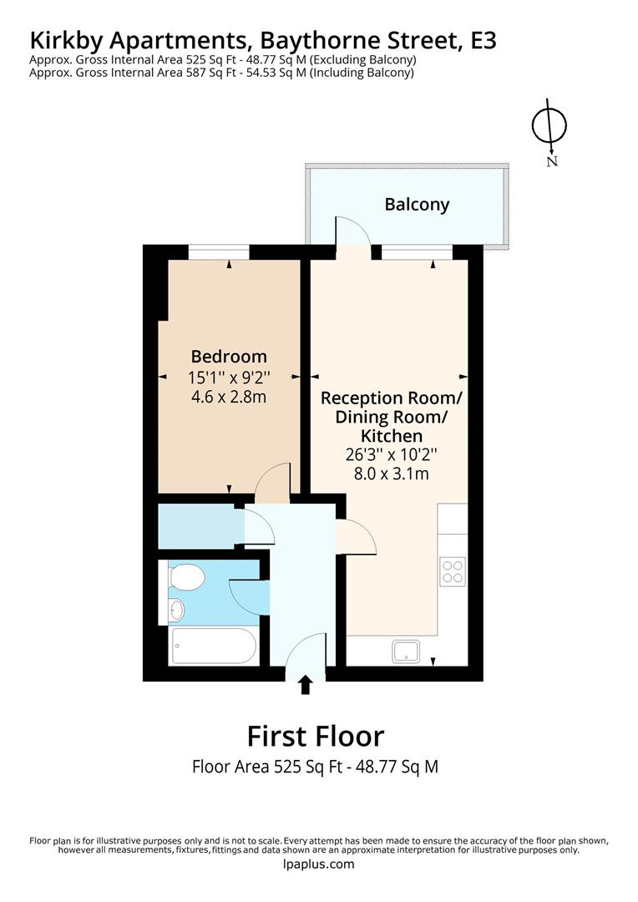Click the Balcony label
click(x=417, y=205)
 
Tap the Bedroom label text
click(x=229, y=356)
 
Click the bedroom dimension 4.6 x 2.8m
click(x=229, y=397)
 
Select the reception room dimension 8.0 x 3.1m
click(x=391, y=474)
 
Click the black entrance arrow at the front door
click(x=306, y=685)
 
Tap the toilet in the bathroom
click(x=185, y=577)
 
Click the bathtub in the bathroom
click(x=214, y=646)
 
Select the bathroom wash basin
click(x=175, y=610)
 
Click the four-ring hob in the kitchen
click(x=453, y=571)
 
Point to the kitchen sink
click(x=409, y=651)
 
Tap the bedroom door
click(x=272, y=484)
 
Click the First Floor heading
click(x=316, y=736)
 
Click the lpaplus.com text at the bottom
click(x=319, y=864)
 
